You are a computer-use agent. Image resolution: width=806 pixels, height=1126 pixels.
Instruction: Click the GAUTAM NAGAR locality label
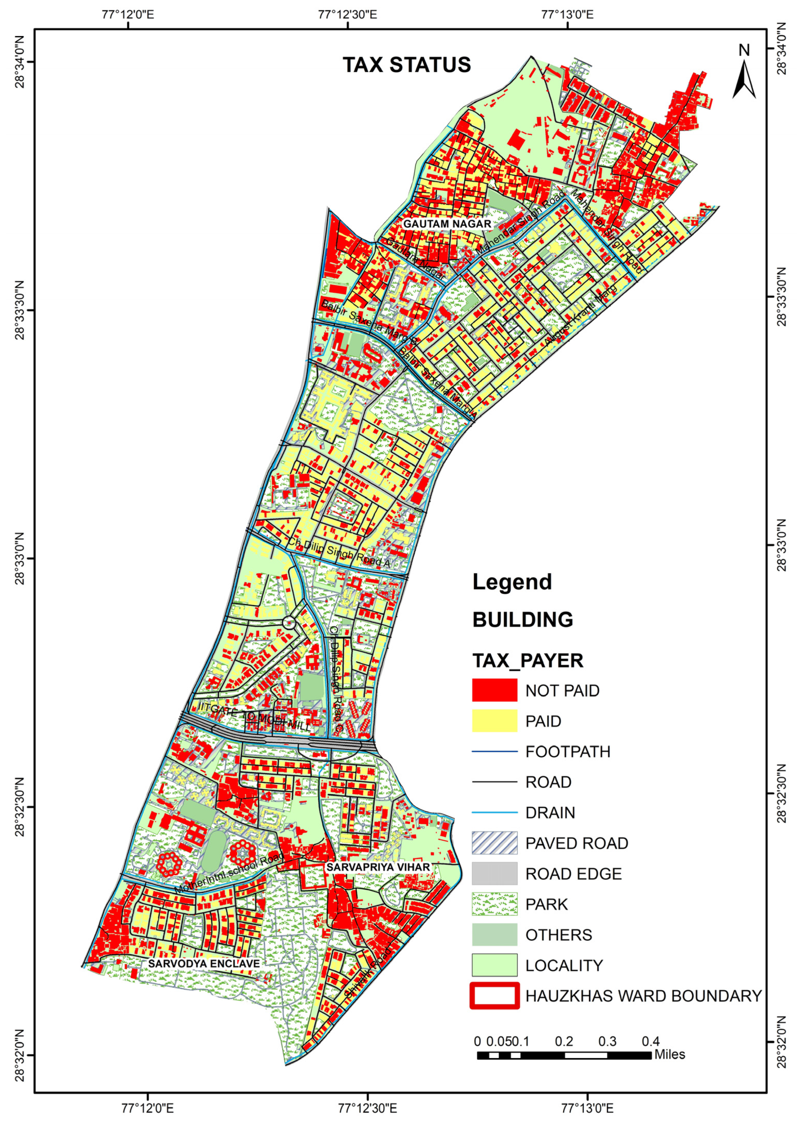[447, 224]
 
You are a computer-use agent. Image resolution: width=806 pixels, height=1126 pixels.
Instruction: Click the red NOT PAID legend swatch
[494, 690]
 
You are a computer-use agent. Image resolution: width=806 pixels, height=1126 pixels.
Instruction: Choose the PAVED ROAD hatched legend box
[494, 843]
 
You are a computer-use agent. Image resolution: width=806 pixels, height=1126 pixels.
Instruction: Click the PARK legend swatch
[494, 904]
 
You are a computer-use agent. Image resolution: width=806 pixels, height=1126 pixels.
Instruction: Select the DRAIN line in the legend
[494, 813]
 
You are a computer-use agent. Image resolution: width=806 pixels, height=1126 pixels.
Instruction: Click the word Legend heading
[512, 582]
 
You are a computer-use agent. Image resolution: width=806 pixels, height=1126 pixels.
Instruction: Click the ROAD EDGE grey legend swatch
[494, 874]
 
